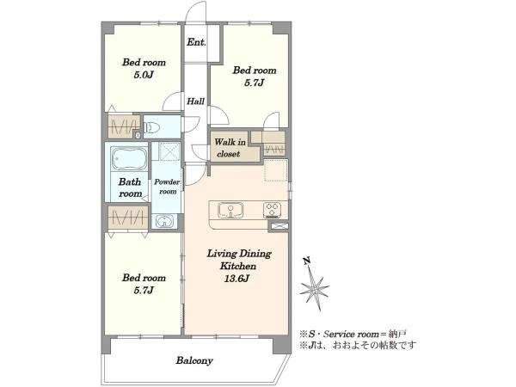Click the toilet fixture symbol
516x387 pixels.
pyautogui.click(x=152, y=127)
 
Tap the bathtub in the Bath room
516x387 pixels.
pyautogui.click(x=129, y=159)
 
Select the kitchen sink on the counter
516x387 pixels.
pyautogui.click(x=230, y=211)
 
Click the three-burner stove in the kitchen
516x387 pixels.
pyautogui.click(x=272, y=211)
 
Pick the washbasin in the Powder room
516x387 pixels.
pyautogui.click(x=163, y=221)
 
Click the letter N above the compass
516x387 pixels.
pyautogui.click(x=307, y=261)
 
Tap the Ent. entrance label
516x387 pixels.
pyautogui.click(x=196, y=42)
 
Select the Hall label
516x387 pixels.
pyautogui.click(x=196, y=101)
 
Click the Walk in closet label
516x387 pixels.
pyautogui.click(x=230, y=148)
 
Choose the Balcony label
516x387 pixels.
pyautogui.click(x=194, y=360)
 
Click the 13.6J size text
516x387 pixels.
pyautogui.click(x=236, y=279)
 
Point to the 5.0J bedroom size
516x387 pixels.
pyautogui.click(x=144, y=75)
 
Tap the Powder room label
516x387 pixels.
pyautogui.click(x=167, y=187)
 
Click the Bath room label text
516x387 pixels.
pyautogui.click(x=130, y=187)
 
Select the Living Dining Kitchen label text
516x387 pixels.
pyautogui.click(x=238, y=260)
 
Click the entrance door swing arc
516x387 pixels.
pyautogui.click(x=195, y=9)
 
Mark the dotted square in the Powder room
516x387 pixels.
pyautogui.click(x=169, y=151)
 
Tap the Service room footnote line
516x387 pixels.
pyautogui.click(x=353, y=335)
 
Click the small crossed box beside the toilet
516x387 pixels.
pyautogui.click(x=138, y=134)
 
